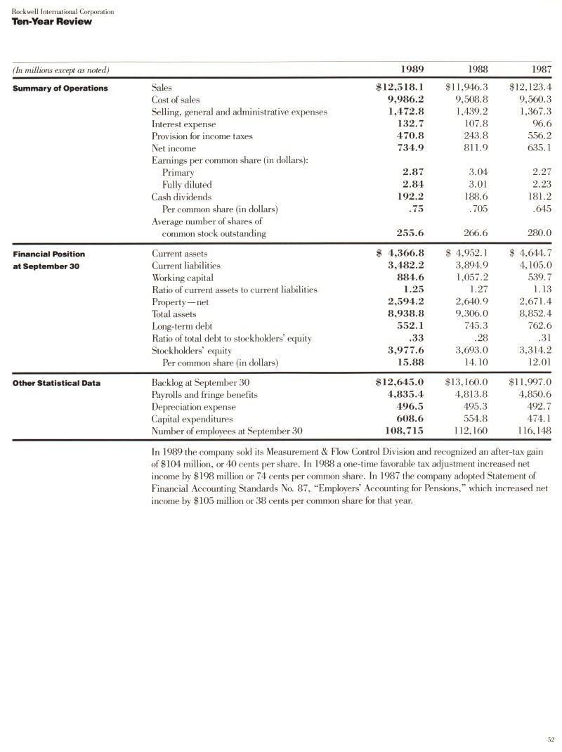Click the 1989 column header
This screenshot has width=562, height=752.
(x=412, y=69)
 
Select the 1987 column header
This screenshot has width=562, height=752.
(x=540, y=69)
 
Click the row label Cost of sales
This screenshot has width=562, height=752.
(x=176, y=101)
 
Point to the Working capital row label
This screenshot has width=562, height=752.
(x=180, y=278)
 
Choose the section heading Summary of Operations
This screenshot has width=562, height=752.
(x=60, y=88)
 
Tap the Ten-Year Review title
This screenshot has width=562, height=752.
(x=51, y=21)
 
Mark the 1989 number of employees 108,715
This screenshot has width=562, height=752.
(x=403, y=431)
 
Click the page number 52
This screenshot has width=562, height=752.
(x=551, y=739)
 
